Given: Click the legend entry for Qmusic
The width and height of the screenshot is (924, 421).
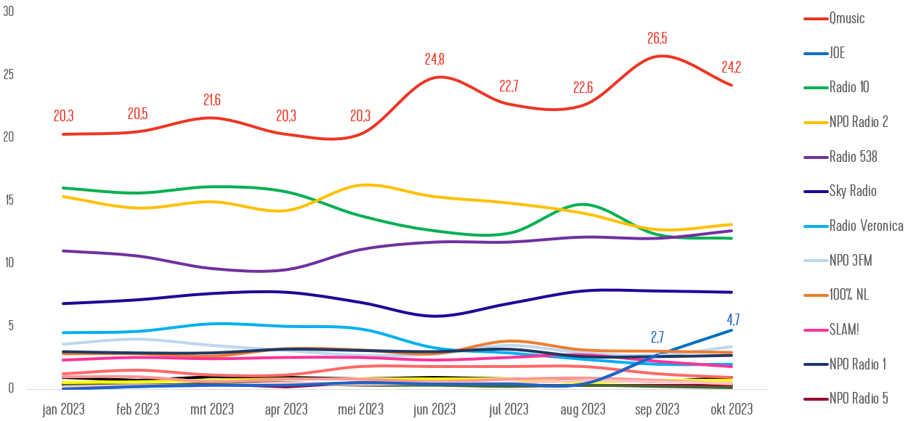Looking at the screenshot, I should pyautogui.click(x=847, y=18).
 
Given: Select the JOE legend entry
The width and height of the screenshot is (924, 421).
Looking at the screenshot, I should pyautogui.click(x=837, y=53).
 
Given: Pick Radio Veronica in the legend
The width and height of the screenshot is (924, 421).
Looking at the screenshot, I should pyautogui.click(x=866, y=226).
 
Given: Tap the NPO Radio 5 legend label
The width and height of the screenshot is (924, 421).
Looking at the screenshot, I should pyautogui.click(x=859, y=398).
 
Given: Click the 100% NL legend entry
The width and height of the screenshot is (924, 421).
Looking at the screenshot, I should pyautogui.click(x=848, y=295).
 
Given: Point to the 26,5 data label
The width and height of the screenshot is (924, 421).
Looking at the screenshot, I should pyautogui.click(x=657, y=38).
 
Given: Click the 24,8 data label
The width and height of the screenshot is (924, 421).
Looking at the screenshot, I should pyautogui.click(x=434, y=60).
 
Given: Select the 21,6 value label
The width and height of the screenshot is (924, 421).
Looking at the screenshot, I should pyautogui.click(x=211, y=100).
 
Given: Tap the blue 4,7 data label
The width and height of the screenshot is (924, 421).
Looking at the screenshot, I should pyautogui.click(x=733, y=319).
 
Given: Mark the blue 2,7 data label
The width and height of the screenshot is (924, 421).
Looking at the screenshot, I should pyautogui.click(x=657, y=337).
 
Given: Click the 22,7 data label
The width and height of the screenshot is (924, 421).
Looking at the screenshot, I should pyautogui.click(x=508, y=86).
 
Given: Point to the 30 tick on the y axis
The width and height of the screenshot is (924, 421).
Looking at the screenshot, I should pyautogui.click(x=9, y=12).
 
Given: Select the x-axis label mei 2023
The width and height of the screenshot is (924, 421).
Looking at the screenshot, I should pyautogui.click(x=360, y=409).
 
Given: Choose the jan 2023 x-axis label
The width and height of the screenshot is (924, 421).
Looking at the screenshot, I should pyautogui.click(x=63, y=409).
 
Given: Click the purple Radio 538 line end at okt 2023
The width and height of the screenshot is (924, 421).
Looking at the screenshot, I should pyautogui.click(x=731, y=231).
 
